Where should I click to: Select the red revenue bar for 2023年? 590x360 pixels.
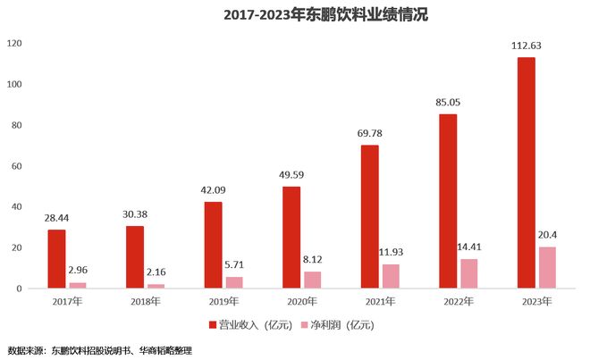(526, 173)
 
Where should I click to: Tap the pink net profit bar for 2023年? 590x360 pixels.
(547, 267)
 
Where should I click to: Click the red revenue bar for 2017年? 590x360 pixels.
(56, 259)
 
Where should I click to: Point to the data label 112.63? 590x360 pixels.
(526, 46)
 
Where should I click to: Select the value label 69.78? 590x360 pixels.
(369, 134)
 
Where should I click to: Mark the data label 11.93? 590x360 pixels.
(392, 252)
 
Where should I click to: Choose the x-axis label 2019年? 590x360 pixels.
(223, 301)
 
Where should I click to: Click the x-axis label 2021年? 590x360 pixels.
(380, 301)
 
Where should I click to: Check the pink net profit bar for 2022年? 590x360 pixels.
(469, 273)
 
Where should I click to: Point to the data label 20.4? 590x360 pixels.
(548, 234)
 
